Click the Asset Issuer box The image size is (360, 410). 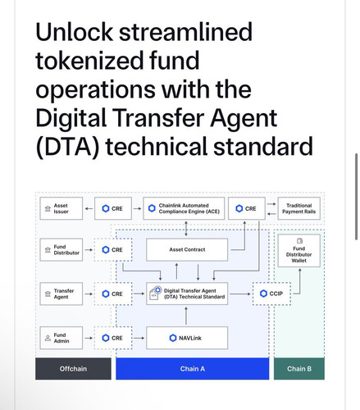[61, 208]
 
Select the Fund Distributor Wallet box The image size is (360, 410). [298, 250]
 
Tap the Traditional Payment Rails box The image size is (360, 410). [298, 208]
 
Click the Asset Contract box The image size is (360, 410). [187, 249]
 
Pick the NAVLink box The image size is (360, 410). [187, 338]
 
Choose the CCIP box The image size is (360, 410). [271, 294]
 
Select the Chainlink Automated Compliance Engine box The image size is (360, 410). [184, 208]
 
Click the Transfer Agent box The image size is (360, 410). [61, 294]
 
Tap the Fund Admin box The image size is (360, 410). [61, 338]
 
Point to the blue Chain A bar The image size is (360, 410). [193, 368]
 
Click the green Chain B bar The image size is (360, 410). [299, 368]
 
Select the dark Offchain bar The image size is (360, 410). [73, 368]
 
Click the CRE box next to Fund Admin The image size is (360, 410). [113, 338]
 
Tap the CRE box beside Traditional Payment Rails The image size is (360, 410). [247, 208]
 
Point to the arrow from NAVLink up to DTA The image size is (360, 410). [186, 316]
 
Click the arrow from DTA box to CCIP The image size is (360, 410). [240, 294]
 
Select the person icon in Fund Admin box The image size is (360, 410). [48, 338]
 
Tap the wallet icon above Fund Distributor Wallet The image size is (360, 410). [299, 241]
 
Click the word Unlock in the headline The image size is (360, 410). [74, 32]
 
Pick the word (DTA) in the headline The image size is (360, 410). [67, 147]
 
